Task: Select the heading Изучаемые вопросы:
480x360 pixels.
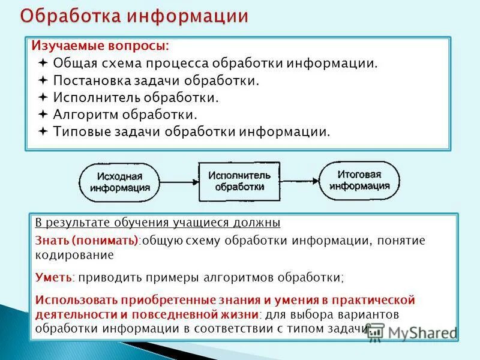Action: pyautogui.click(x=100, y=46)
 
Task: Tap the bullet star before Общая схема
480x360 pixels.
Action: pyautogui.click(x=43, y=63)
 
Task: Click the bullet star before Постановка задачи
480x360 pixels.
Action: pyautogui.click(x=43, y=80)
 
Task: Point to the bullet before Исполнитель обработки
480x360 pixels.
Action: pyautogui.click(x=43, y=97)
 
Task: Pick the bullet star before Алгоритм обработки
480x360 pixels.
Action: pyautogui.click(x=43, y=113)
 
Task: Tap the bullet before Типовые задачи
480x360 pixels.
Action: pyautogui.click(x=43, y=131)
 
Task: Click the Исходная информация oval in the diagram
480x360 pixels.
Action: pyautogui.click(x=119, y=182)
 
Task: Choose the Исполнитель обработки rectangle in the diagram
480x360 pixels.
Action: pyautogui.click(x=239, y=181)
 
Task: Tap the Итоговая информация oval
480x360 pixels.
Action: pyautogui.click(x=359, y=180)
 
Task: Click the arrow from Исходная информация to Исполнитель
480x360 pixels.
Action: pyautogui.click(x=179, y=182)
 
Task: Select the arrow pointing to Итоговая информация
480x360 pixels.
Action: pyautogui.click(x=300, y=181)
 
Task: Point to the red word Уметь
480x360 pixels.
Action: pyautogui.click(x=53, y=278)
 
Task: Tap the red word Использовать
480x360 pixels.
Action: pyautogui.click(x=77, y=299)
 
